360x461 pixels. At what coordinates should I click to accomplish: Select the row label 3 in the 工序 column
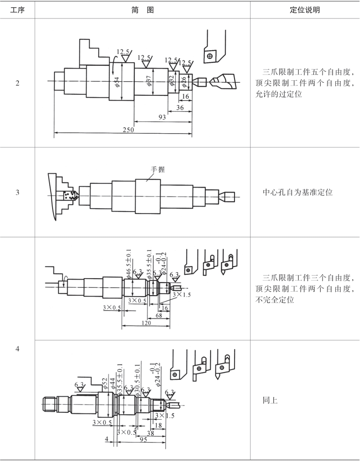click(18, 193)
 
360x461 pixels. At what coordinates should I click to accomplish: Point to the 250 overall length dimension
click(129, 130)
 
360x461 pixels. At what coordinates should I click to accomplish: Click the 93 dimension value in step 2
click(162, 118)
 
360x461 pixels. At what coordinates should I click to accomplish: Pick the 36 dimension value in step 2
click(180, 108)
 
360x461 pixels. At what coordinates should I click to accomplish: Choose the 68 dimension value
click(159, 315)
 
